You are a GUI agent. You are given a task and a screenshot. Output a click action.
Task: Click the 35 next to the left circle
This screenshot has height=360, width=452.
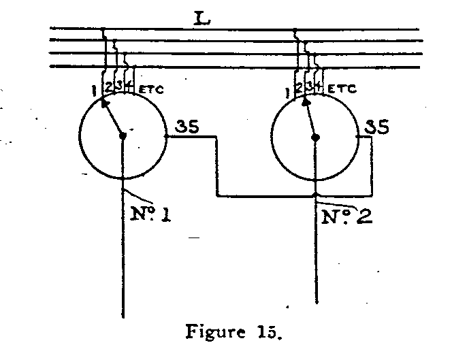tap(187, 127)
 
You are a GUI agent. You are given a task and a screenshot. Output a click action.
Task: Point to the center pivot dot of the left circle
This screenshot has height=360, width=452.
tap(123, 136)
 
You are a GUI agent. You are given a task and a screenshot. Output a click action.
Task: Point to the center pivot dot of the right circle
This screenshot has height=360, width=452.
tap(315, 137)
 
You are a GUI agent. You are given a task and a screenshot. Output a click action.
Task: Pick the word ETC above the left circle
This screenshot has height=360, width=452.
tap(151, 89)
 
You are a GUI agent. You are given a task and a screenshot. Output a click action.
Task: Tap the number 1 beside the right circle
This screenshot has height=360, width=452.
tap(289, 90)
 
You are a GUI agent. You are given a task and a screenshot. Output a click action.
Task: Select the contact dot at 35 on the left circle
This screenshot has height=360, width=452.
tap(167, 136)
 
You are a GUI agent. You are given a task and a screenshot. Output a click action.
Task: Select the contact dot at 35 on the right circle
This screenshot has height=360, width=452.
tap(359, 137)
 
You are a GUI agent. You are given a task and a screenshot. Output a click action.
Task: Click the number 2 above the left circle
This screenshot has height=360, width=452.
tap(109, 86)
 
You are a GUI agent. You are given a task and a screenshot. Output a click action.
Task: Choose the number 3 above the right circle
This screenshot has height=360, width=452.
tap(310, 86)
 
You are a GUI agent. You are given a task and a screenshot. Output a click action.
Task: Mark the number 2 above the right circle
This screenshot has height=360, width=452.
tap(300, 86)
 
